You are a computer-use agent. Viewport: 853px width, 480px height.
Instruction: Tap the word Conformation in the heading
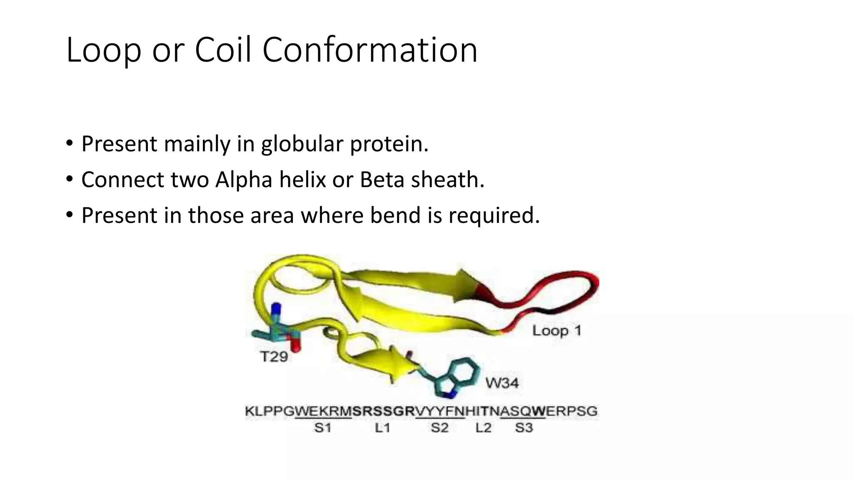point(369,50)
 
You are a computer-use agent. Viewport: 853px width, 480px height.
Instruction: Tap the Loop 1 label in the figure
point(556,331)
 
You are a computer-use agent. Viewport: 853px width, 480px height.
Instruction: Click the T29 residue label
point(274,357)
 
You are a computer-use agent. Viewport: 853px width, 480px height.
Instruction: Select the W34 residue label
point(502,382)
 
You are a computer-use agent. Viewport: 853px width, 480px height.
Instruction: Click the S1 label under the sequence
point(322,428)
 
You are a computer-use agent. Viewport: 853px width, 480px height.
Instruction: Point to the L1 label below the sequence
point(382,428)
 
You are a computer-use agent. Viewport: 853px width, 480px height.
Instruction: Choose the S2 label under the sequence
point(439,428)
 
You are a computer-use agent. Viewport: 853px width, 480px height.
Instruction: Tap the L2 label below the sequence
point(484,428)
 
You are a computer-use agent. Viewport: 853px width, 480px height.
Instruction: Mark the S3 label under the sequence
point(524,428)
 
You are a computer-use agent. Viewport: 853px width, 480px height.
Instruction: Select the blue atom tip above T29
point(275,309)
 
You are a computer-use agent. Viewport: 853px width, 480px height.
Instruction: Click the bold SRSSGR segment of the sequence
point(384,412)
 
